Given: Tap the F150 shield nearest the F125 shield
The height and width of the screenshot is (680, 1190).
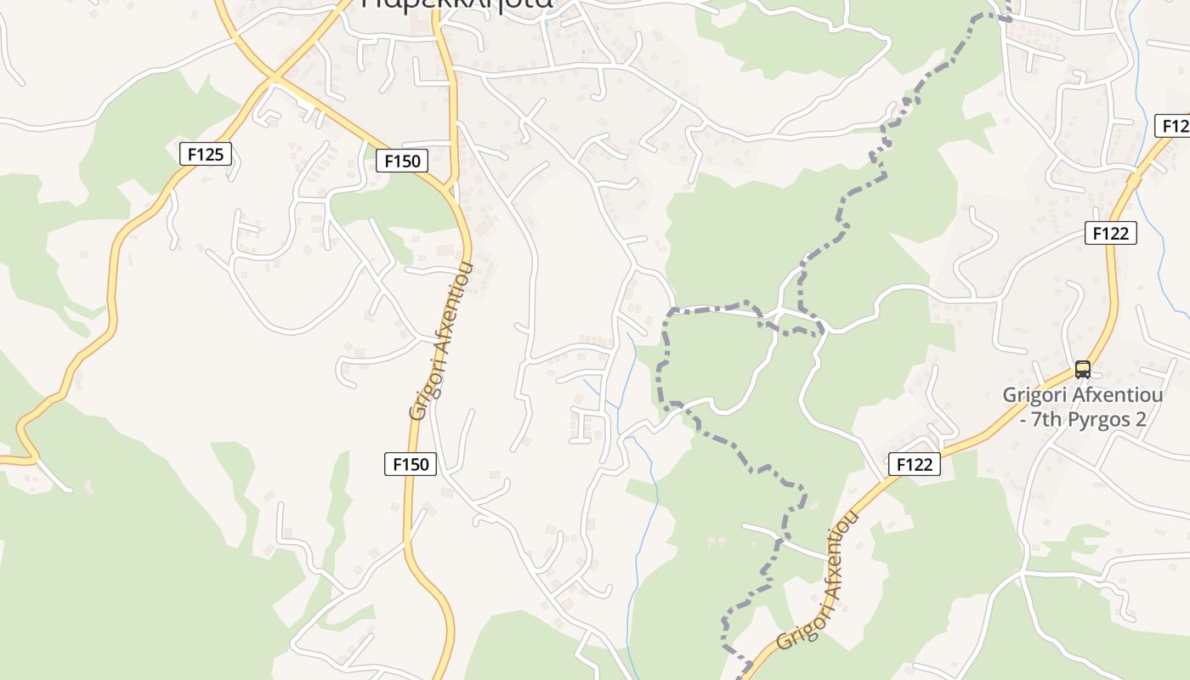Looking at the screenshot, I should [x=402, y=161].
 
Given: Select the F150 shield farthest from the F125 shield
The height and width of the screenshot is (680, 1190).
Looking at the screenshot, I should [x=411, y=464].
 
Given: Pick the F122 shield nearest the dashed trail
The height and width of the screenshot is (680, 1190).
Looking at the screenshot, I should [x=915, y=464].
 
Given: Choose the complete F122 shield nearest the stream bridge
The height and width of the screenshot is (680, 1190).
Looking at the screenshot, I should [x=1110, y=233].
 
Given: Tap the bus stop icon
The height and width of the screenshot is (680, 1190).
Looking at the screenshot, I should [x=1082, y=369].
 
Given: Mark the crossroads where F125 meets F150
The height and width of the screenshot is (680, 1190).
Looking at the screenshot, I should [x=274, y=80].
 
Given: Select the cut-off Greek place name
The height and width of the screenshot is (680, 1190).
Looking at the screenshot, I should [x=456, y=4].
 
